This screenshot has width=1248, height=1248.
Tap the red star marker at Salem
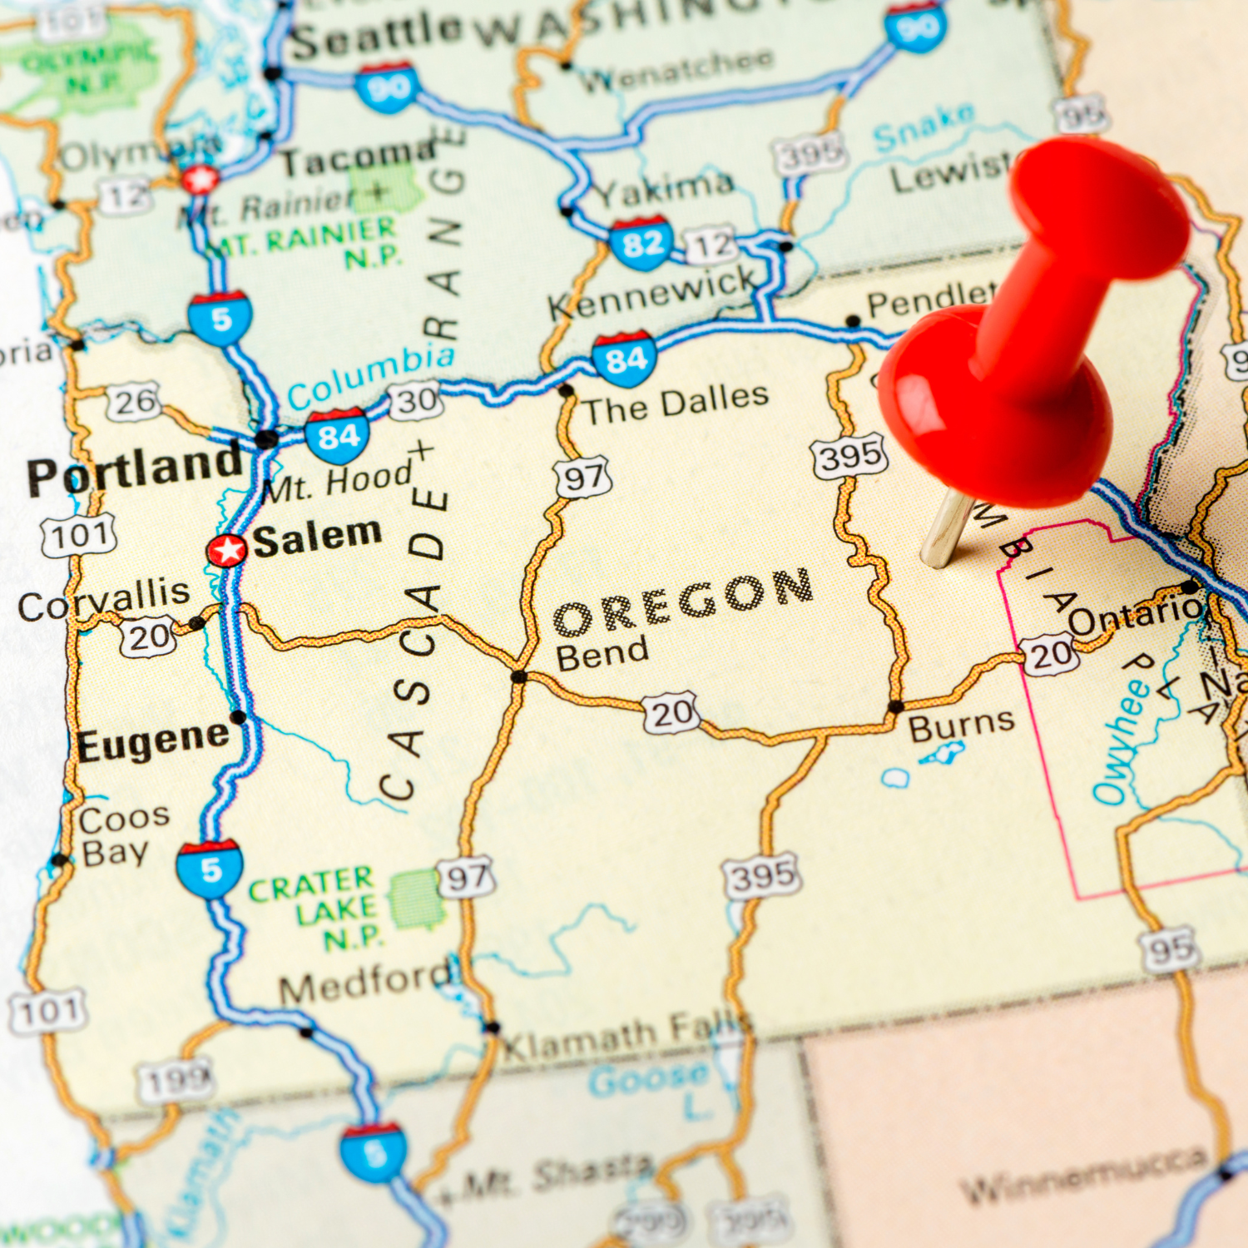(x=226, y=550)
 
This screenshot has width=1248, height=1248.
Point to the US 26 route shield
(x=134, y=403)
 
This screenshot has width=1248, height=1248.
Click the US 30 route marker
(x=415, y=401)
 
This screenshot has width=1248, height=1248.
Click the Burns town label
(x=961, y=726)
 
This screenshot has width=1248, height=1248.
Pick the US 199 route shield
(x=176, y=1081)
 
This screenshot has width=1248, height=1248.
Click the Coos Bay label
(x=121, y=835)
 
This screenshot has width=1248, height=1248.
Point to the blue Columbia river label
(x=371, y=376)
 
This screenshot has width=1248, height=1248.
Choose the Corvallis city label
(x=104, y=600)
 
